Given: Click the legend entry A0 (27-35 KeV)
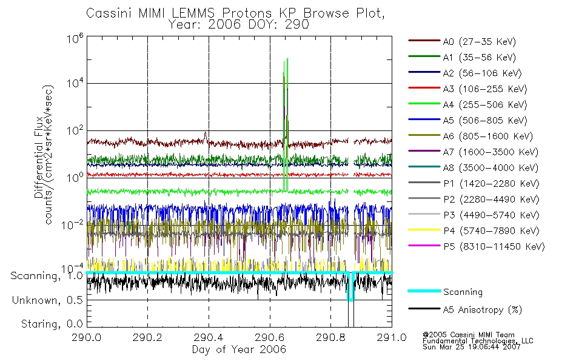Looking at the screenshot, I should coord(477,42).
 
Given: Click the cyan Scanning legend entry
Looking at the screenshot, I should coord(463,292).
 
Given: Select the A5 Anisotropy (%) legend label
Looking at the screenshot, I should coord(482,310).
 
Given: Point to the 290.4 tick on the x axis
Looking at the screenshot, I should coord(209,339).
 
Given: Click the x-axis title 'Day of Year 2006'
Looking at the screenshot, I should coord(239,350).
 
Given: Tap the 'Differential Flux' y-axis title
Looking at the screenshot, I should coord(38,152).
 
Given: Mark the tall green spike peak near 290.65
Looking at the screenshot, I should coord(287,59).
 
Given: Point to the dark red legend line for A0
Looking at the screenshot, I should coord(424,42).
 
